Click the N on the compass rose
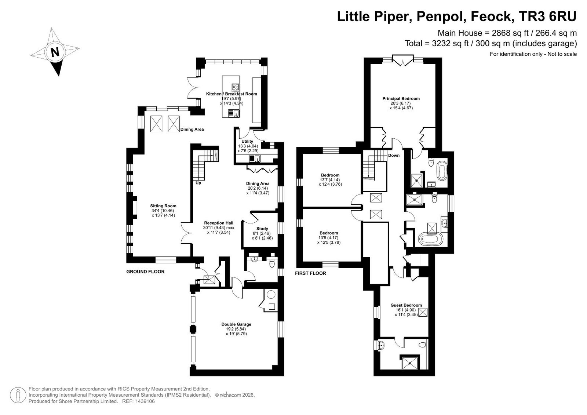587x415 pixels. pyautogui.click(x=55, y=52)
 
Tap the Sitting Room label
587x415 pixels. pyautogui.click(x=163, y=206)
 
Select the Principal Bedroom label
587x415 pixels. pyautogui.click(x=401, y=99)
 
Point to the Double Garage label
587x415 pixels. pyautogui.click(x=236, y=324)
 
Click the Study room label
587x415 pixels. pyautogui.click(x=262, y=229)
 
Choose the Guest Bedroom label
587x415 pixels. pyautogui.click(x=406, y=305)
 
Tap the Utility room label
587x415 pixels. pyautogui.click(x=247, y=141)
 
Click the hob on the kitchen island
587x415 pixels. pyautogui.click(x=235, y=87)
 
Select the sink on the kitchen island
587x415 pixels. pyautogui.click(x=233, y=113)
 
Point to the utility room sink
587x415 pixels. pyautogui.click(x=255, y=159)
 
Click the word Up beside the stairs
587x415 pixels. pyautogui.click(x=198, y=183)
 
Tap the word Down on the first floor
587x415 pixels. pyautogui.click(x=394, y=156)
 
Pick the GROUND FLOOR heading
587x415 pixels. pyautogui.click(x=145, y=272)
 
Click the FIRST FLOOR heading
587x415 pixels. pyautogui.click(x=310, y=273)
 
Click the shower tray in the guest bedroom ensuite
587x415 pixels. pyautogui.click(x=410, y=363)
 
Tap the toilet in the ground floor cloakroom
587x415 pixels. pyautogui.click(x=272, y=263)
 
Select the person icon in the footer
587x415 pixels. pyautogui.click(x=18, y=395)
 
